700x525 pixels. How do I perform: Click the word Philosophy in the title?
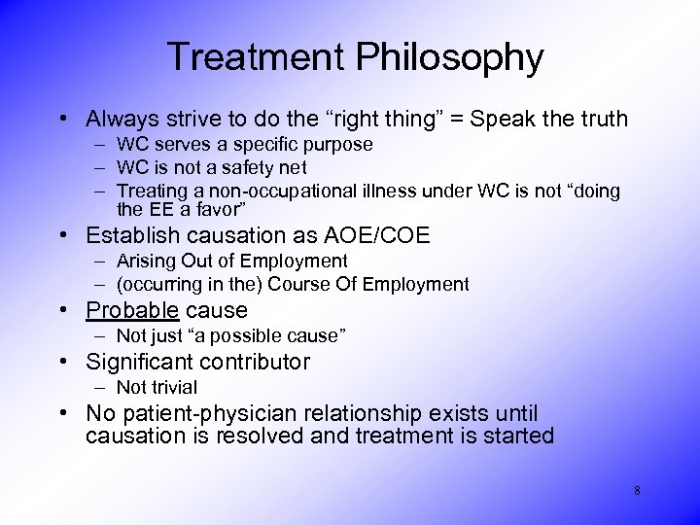pyautogui.click(x=448, y=57)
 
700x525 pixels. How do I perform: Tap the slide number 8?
pyautogui.click(x=637, y=491)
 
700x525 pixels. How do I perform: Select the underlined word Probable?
pyautogui.click(x=132, y=310)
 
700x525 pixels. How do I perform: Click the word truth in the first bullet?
pyautogui.click(x=603, y=120)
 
